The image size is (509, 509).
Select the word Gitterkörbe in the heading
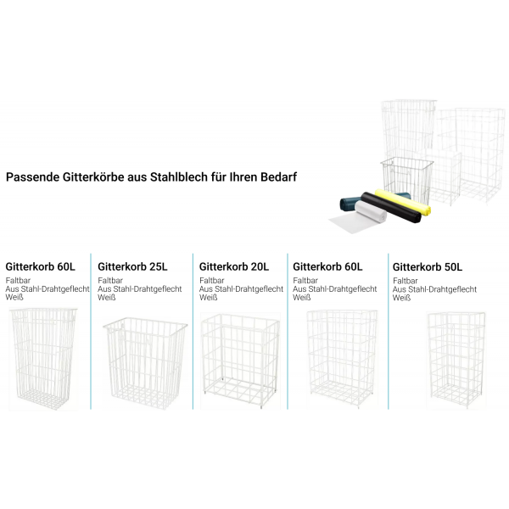(x=89, y=178)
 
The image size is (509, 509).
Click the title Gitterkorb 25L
(x=133, y=266)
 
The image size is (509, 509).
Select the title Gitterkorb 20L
(x=233, y=266)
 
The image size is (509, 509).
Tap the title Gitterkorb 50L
(x=428, y=266)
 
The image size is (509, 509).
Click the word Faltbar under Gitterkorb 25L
(x=111, y=281)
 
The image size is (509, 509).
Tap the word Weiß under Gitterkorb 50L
(x=401, y=298)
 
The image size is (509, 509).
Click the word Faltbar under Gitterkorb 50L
(x=406, y=281)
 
